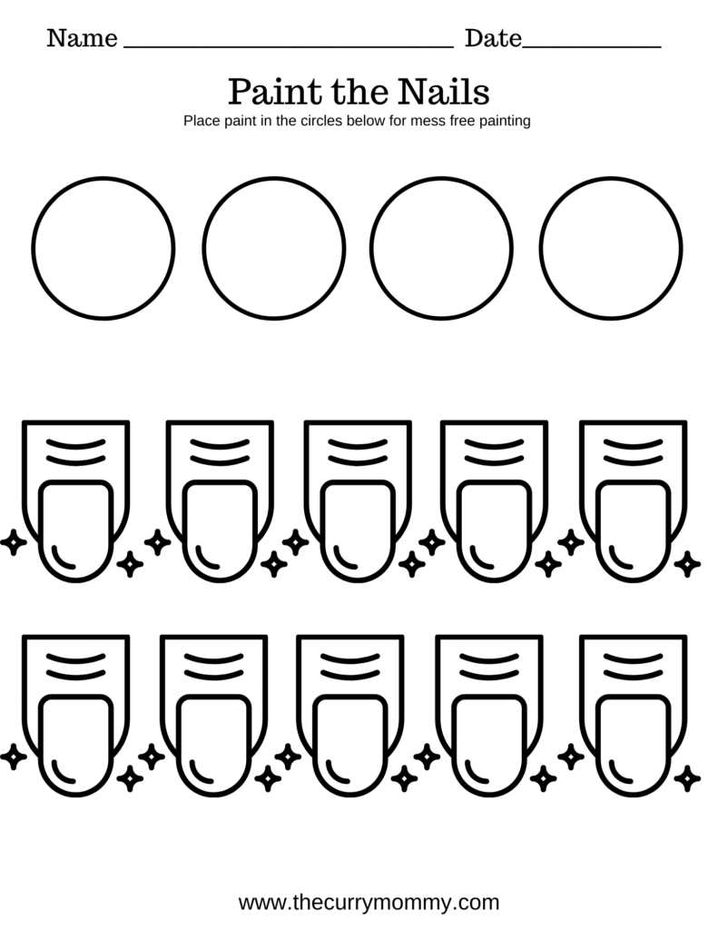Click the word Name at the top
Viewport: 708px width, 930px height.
(x=82, y=39)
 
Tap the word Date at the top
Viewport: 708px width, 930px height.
(x=493, y=39)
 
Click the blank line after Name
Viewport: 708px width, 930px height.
(x=287, y=44)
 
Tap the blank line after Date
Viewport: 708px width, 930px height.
(x=592, y=44)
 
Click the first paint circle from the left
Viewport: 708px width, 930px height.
(x=103, y=248)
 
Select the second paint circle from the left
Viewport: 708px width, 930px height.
(x=274, y=248)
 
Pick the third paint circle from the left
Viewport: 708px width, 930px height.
(x=442, y=248)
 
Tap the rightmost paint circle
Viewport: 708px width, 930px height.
(x=610, y=248)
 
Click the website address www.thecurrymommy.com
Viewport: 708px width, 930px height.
(x=369, y=903)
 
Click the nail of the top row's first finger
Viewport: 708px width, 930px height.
(x=77, y=531)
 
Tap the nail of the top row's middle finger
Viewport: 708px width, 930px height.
(x=357, y=531)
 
